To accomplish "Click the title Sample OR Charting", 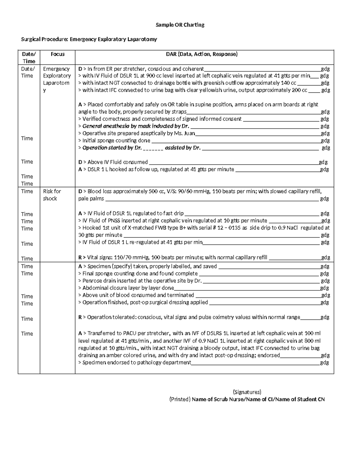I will tap(180, 25).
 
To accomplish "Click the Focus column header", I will tap(58, 54).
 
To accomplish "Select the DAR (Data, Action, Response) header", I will tap(202, 54).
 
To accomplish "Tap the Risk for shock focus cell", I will tap(52, 195).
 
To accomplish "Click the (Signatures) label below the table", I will tap(247, 392).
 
